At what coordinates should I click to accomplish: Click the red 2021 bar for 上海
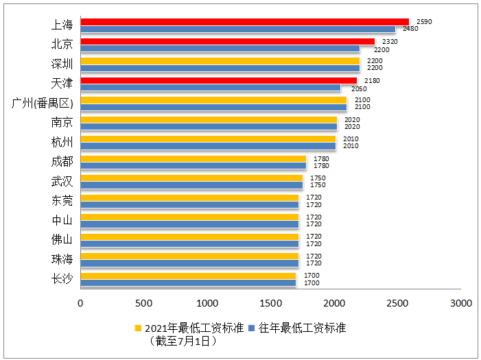[244, 22]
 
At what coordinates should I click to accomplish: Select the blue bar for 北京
[220, 49]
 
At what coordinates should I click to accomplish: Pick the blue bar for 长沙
[188, 283]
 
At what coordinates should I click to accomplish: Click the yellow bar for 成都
[193, 159]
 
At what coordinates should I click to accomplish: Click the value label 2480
[410, 29]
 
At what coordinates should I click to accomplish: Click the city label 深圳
[62, 64]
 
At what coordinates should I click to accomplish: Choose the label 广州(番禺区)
[43, 104]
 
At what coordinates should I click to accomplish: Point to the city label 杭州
[62, 143]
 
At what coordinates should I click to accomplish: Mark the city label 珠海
[62, 259]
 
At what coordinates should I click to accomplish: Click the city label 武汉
[62, 181]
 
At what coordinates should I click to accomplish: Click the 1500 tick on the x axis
[270, 302]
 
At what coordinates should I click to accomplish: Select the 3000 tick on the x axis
[461, 302]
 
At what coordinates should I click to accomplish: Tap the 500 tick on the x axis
[143, 302]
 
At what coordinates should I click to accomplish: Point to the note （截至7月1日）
[183, 340]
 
